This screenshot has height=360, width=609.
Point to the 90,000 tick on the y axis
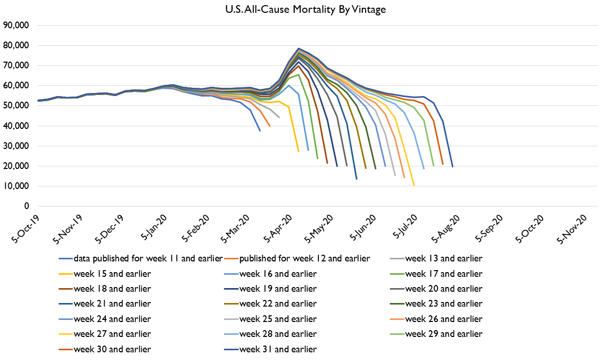(16, 25)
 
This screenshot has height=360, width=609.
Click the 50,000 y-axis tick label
(16, 106)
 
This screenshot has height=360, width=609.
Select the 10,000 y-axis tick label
(16, 186)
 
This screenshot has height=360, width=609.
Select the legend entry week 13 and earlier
(444, 258)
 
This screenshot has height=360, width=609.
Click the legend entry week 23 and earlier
(444, 304)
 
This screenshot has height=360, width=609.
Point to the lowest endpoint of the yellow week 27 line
(414, 186)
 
